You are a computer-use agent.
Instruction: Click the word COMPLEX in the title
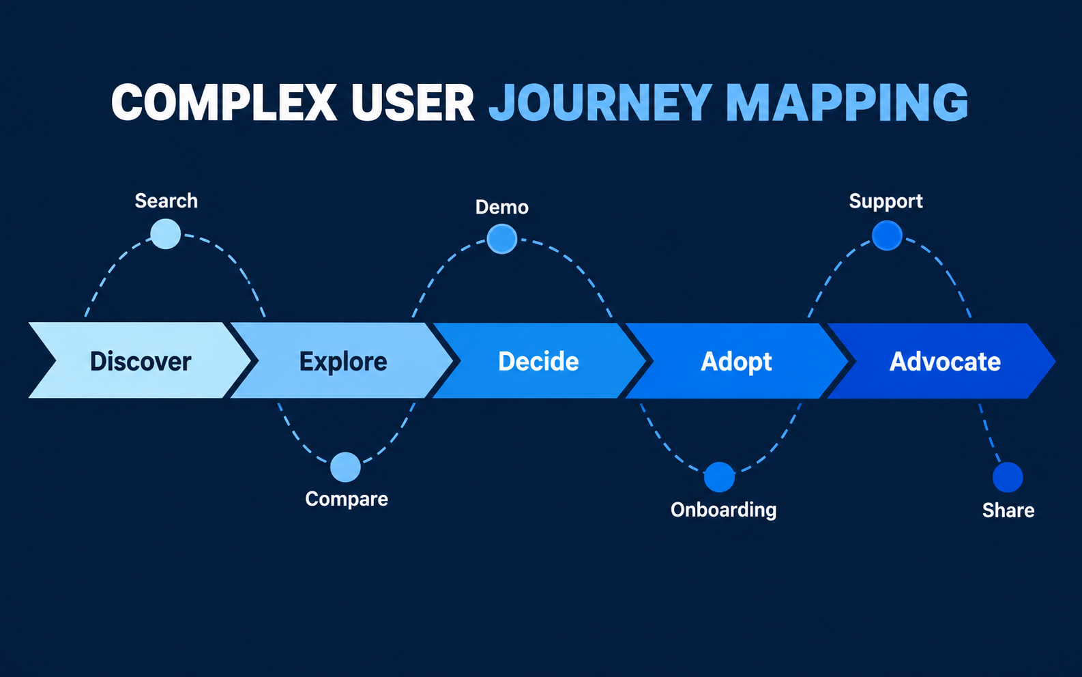pyautogui.click(x=224, y=102)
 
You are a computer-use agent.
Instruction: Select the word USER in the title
pyautogui.click(x=413, y=102)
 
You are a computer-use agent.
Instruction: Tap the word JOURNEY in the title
pyautogui.click(x=600, y=102)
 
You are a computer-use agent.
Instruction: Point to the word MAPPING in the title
pyautogui.click(x=847, y=102)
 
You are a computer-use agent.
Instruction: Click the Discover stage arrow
pyautogui.click(x=140, y=360)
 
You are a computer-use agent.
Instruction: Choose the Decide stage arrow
pyautogui.click(x=538, y=360)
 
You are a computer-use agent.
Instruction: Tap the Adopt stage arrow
pyautogui.click(x=737, y=360)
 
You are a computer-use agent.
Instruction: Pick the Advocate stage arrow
pyautogui.click(x=942, y=360)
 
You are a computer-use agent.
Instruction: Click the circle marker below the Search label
pyautogui.click(x=166, y=234)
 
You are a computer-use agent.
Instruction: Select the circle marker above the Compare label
pyautogui.click(x=345, y=467)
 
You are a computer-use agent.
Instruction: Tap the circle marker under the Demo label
pyautogui.click(x=502, y=239)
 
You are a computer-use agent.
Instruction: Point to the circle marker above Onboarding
pyautogui.click(x=719, y=477)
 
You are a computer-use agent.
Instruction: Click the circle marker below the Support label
pyautogui.click(x=887, y=235)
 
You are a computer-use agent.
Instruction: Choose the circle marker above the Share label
pyautogui.click(x=1008, y=477)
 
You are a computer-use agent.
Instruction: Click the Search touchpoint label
pyautogui.click(x=166, y=201)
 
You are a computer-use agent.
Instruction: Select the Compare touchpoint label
pyautogui.click(x=347, y=499)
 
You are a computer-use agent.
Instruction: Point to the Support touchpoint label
pyautogui.click(x=886, y=201)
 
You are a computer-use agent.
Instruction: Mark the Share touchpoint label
pyautogui.click(x=1008, y=510)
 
